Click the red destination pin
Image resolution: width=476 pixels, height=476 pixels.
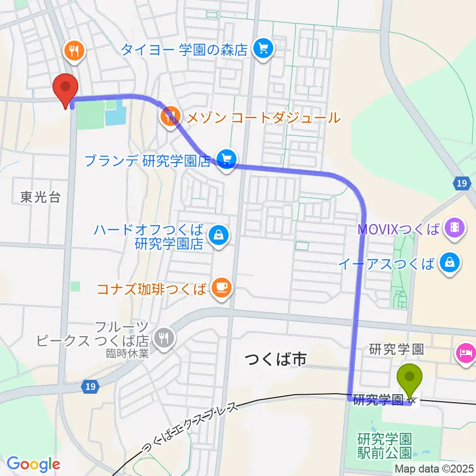[x=65, y=88]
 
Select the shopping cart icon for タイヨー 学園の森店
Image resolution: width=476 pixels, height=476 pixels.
[x=263, y=49]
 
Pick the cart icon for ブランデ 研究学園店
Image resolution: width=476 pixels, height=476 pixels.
[x=227, y=160]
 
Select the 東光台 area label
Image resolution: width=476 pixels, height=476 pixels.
[x=40, y=197]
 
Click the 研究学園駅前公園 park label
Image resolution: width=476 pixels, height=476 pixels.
[x=384, y=445]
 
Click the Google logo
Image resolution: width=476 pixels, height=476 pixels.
[x=33, y=464]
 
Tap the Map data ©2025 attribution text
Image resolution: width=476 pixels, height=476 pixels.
[x=435, y=469]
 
